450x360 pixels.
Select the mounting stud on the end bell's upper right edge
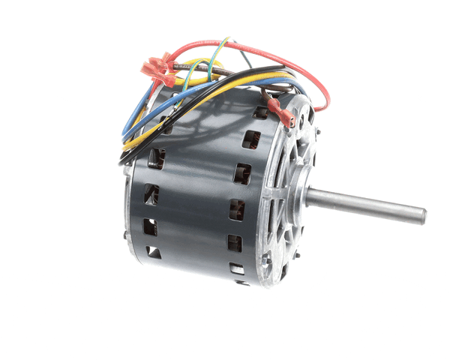click(x=309, y=112)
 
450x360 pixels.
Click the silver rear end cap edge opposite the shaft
click(x=129, y=210)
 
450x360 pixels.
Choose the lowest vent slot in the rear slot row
click(x=153, y=251)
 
